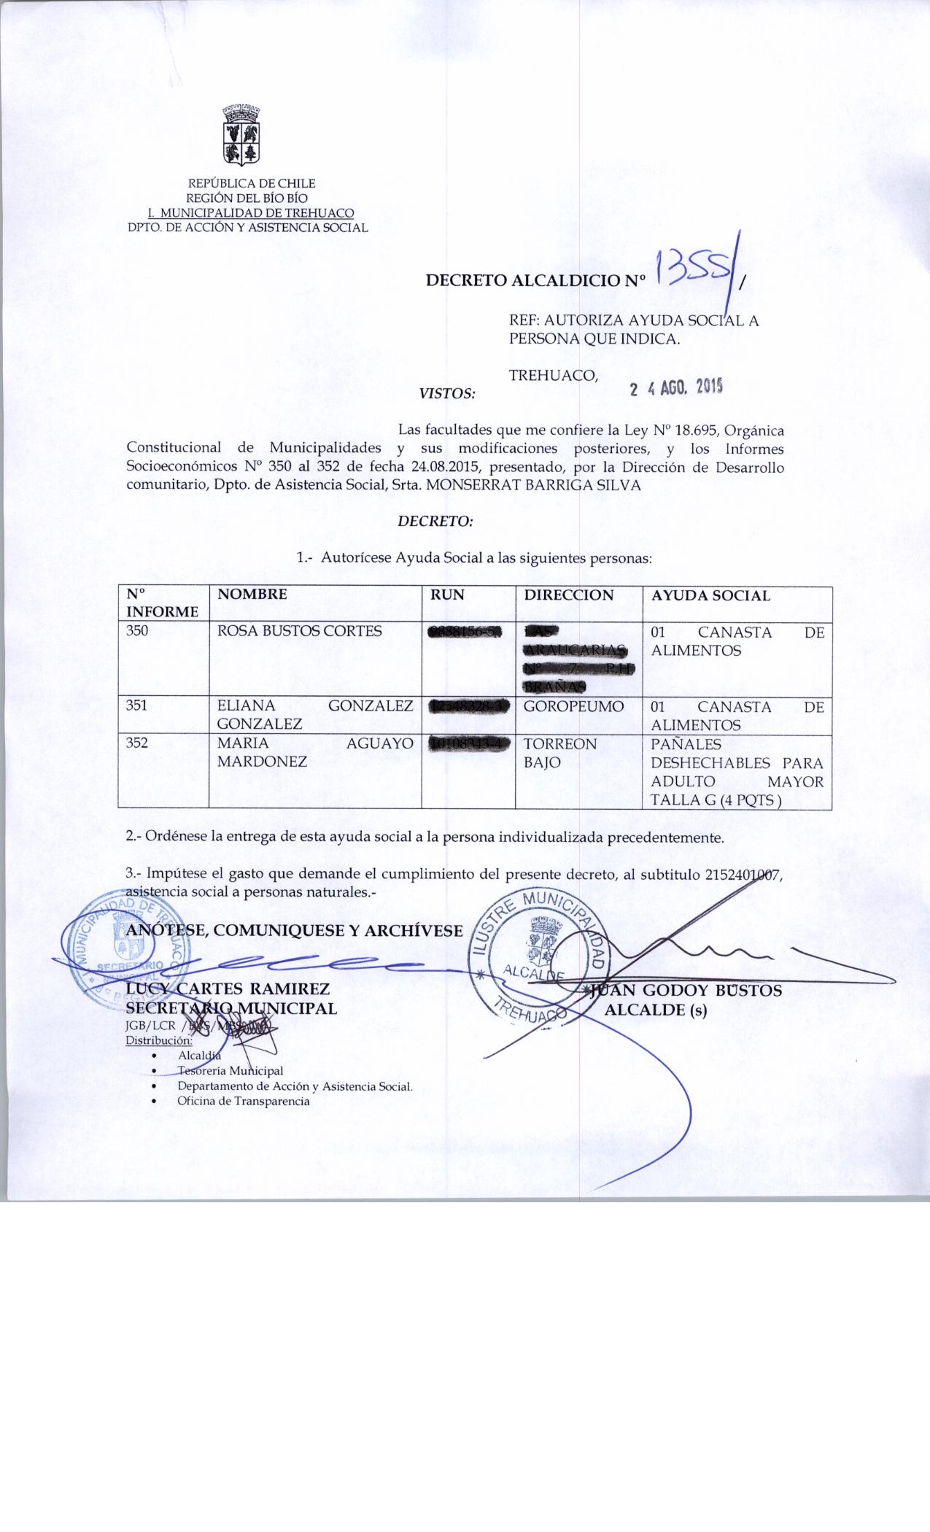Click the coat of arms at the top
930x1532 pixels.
(x=241, y=137)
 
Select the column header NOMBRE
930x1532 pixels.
(x=252, y=595)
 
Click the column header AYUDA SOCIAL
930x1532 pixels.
(x=710, y=595)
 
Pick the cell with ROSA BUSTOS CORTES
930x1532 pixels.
(x=300, y=631)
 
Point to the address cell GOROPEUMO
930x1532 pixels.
(x=573, y=707)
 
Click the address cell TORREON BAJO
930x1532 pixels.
(x=560, y=753)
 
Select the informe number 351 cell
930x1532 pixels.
(x=138, y=706)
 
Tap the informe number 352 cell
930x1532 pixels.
(x=138, y=744)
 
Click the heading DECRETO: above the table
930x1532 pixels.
(x=435, y=522)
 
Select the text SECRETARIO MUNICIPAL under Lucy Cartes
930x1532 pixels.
(x=231, y=1008)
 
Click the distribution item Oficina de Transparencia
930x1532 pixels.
(x=244, y=1101)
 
